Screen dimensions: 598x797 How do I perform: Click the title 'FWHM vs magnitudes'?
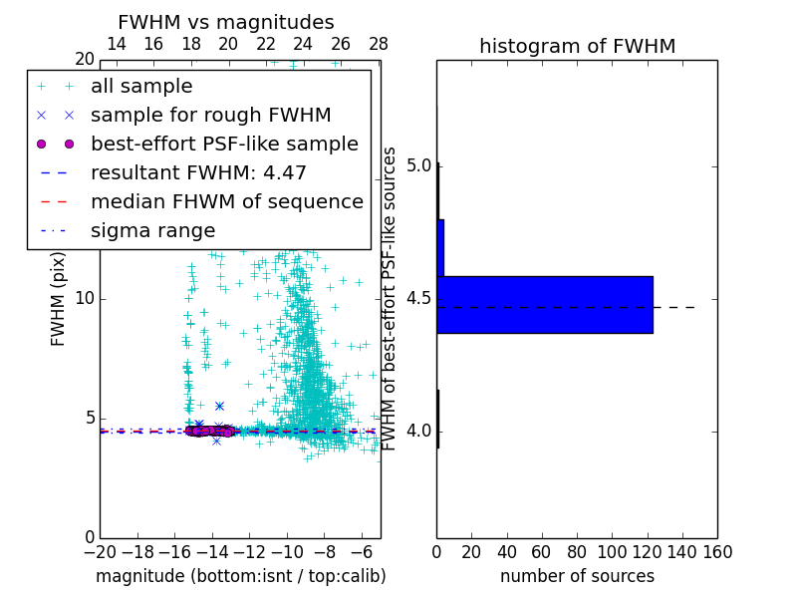(226, 22)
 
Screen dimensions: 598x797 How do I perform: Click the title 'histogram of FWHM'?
(577, 46)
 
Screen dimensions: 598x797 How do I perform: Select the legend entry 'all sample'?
(141, 87)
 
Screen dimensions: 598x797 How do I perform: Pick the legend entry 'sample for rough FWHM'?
(210, 115)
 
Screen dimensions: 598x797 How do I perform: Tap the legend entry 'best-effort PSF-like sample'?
(224, 144)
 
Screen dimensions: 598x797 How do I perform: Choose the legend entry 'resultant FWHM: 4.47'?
(198, 172)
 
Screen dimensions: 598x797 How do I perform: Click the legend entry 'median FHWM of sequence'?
(226, 201)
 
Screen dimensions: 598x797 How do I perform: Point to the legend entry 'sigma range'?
(152, 230)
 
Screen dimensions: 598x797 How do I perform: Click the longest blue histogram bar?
(544, 304)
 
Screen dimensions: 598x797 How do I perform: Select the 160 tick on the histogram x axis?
(717, 550)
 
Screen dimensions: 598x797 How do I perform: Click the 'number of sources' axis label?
(577, 576)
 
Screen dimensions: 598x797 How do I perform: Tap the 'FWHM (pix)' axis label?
(59, 298)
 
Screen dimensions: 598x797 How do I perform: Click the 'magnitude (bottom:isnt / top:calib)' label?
(240, 576)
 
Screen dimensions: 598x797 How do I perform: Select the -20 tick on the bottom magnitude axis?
(100, 550)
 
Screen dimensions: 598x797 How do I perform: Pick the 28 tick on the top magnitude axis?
(378, 44)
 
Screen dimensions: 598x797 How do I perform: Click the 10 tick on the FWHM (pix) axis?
(84, 298)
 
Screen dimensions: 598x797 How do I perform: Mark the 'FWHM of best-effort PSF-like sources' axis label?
(391, 298)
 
